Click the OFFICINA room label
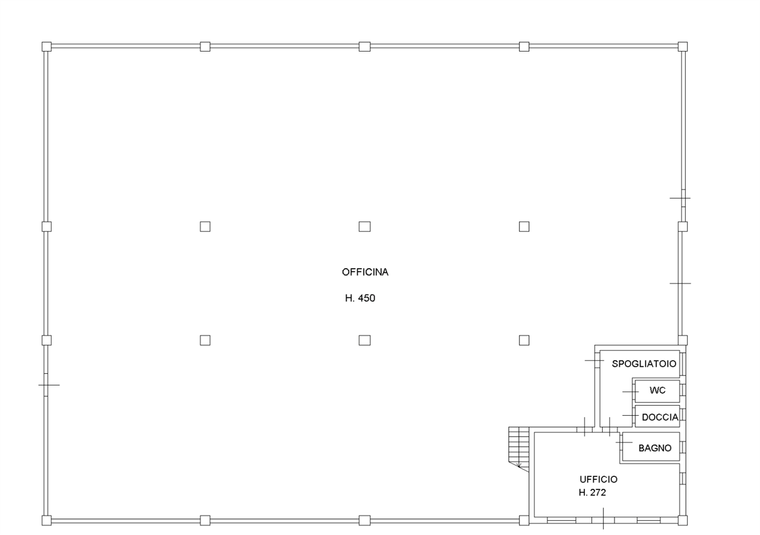pos(365,272)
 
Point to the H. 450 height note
pos(360,298)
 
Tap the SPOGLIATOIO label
pos(644,364)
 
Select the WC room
pos(657,390)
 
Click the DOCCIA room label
pos(660,418)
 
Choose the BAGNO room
pos(655,448)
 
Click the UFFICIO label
pos(598,479)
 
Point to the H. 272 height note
pos(592,493)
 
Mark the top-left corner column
pos(46,47)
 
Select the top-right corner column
pos(683,47)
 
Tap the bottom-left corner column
pos(46,521)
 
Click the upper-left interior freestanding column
pos(205,227)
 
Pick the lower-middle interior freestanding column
pos(365,340)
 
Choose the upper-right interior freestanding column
pos(524,227)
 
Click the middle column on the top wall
pos(365,47)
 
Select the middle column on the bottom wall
pos(365,521)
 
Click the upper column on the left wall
pos(46,227)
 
